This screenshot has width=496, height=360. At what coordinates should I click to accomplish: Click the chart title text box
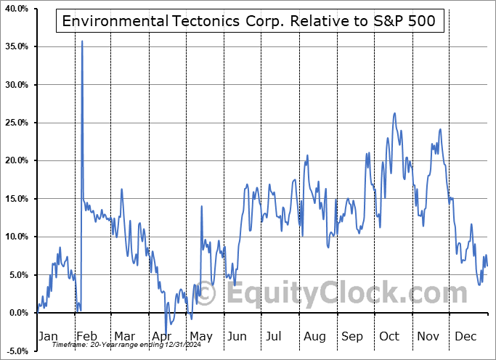tap(249, 21)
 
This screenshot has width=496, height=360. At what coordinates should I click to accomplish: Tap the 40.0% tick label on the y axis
tap(15, 9)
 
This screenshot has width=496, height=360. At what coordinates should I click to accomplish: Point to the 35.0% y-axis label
tap(15, 46)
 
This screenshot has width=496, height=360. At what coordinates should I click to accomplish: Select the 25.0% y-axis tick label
tap(15, 123)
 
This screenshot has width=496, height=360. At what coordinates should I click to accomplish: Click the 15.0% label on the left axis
tap(15, 199)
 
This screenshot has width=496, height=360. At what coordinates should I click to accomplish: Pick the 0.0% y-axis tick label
tap(17, 313)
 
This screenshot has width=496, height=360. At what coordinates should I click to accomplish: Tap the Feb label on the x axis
tap(86, 337)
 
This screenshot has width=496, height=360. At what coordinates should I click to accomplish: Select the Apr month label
tap(161, 337)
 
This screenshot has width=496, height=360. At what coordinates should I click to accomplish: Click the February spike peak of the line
tap(82, 41)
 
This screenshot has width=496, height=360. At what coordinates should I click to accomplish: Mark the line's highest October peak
tap(394, 113)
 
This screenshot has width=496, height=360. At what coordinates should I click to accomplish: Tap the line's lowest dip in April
tap(166, 335)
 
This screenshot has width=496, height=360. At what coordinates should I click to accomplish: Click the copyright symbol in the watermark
tap(206, 294)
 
